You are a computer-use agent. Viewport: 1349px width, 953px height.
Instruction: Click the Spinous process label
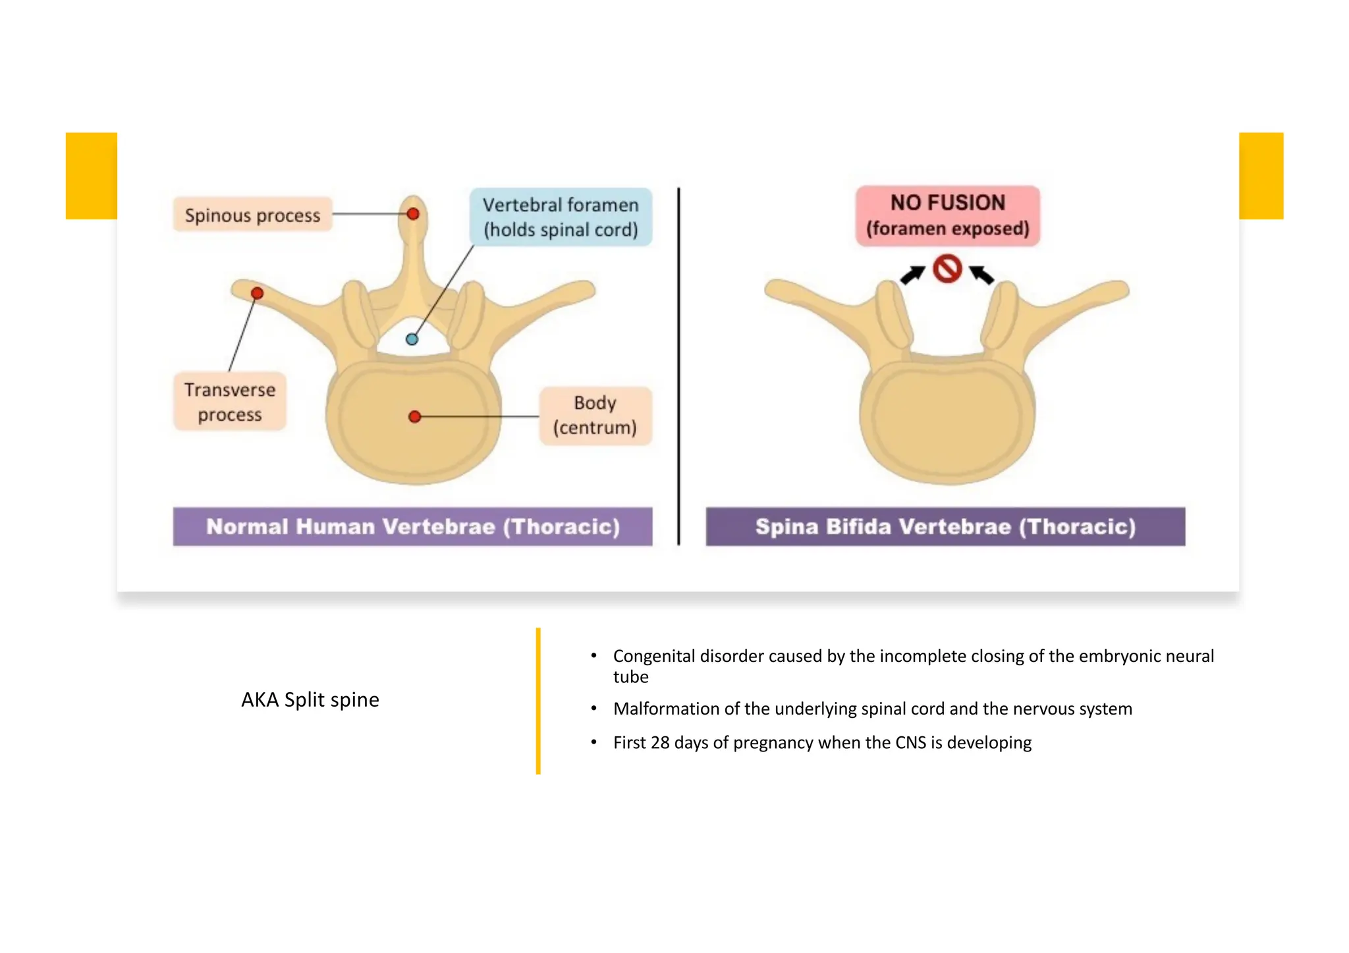[252, 215]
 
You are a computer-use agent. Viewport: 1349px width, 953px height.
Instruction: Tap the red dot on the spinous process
[413, 214]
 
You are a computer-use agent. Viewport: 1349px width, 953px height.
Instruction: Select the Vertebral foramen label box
[561, 217]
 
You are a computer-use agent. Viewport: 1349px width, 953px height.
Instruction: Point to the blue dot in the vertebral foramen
[412, 339]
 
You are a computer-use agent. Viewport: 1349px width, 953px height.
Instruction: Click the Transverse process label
[230, 402]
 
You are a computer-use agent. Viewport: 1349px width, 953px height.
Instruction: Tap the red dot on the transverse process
[258, 293]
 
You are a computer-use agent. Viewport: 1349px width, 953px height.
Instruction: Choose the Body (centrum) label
[595, 416]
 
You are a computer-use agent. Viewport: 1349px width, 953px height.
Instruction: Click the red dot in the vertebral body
[414, 416]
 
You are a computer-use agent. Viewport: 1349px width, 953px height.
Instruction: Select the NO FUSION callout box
[947, 215]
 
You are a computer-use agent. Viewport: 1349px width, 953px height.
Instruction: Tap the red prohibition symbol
[947, 269]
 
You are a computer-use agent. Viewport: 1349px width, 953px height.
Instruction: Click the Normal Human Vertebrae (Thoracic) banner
[412, 526]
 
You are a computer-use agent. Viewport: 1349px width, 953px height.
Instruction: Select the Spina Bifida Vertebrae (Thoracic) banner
[945, 526]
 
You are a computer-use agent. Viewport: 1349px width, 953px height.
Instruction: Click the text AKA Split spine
[310, 699]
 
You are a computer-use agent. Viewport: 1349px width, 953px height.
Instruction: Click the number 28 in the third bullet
[660, 743]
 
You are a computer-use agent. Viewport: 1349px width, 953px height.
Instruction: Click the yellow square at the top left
[92, 176]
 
